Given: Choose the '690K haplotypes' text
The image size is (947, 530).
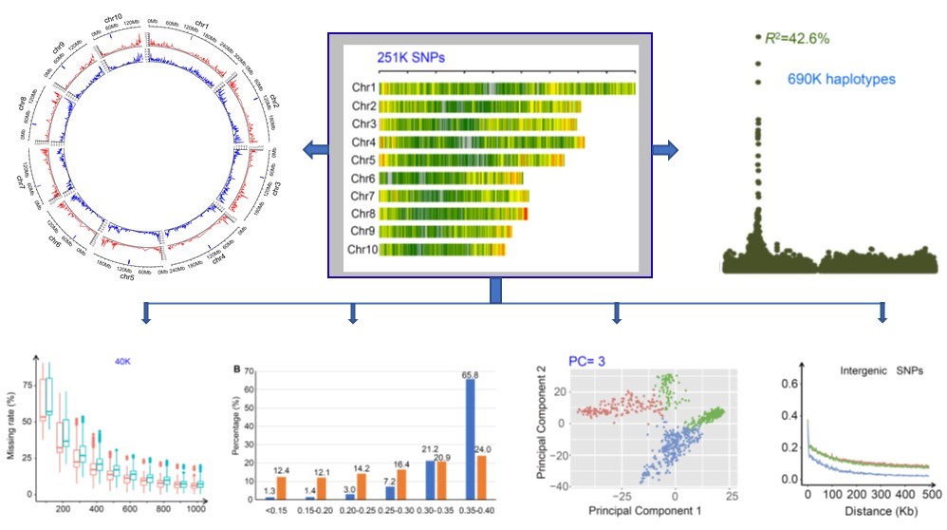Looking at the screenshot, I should [x=842, y=79].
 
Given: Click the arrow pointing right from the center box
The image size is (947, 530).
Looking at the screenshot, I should [x=666, y=149].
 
